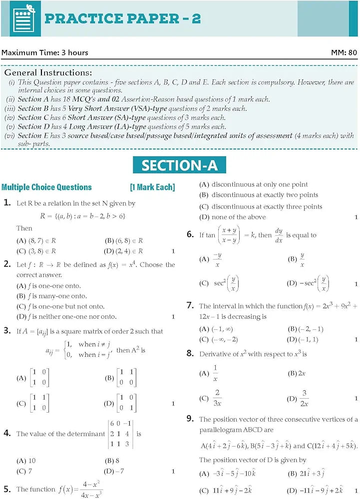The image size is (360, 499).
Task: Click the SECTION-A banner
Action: click(x=179, y=165)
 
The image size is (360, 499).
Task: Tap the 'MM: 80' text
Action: click(x=344, y=52)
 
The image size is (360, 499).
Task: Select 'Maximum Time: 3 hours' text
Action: click(x=45, y=52)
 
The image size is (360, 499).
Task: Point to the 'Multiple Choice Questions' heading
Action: click(x=46, y=188)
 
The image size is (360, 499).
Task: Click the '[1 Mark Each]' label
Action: click(x=152, y=188)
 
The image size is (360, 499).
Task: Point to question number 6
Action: click(x=190, y=234)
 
